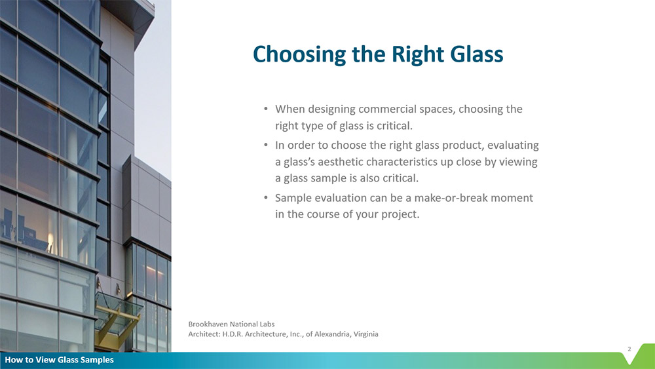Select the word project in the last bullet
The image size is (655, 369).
(402, 215)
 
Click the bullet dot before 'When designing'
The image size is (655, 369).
(266, 109)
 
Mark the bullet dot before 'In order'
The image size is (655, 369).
(266, 145)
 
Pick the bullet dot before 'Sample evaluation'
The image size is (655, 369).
(266, 198)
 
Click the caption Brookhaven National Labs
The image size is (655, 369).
(231, 324)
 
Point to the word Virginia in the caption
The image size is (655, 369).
(366, 334)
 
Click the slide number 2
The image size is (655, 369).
(629, 349)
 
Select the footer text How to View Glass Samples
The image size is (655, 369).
(60, 360)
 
